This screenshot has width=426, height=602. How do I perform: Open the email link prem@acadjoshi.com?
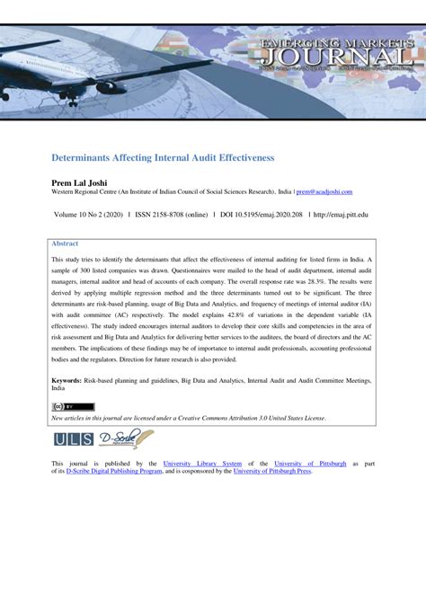point(324,191)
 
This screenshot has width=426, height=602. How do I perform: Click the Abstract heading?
point(65,243)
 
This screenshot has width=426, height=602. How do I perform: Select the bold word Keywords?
point(69,381)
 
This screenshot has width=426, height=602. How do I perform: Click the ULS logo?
point(71,440)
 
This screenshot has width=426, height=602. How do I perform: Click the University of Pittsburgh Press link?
point(272,471)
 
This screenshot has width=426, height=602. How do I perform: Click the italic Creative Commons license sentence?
point(189,419)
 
